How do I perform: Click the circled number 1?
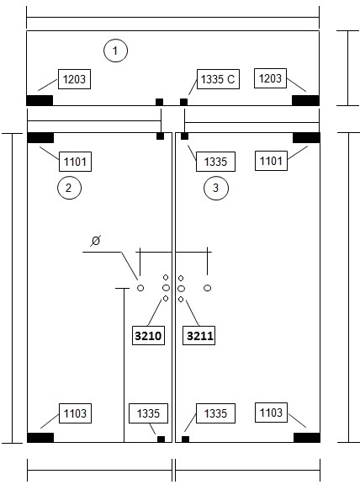115,51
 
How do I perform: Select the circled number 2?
69,188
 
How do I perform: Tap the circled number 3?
216,188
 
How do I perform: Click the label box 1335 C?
218,79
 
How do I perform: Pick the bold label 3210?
148,336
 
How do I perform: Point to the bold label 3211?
200,336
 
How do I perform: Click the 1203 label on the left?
74,79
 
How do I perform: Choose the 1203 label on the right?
270,78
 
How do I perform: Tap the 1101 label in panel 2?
75,162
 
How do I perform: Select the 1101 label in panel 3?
271,161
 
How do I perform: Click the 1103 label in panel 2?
75,413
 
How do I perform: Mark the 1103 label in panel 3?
271,413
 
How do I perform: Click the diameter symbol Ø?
96,241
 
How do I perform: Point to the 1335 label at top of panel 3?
215,162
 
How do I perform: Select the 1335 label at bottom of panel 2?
148,413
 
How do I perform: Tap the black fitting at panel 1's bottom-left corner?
40,100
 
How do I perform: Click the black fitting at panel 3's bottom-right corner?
307,438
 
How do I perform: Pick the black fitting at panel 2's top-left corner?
40,138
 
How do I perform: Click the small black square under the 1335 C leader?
184,102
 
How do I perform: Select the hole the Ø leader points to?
140,288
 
